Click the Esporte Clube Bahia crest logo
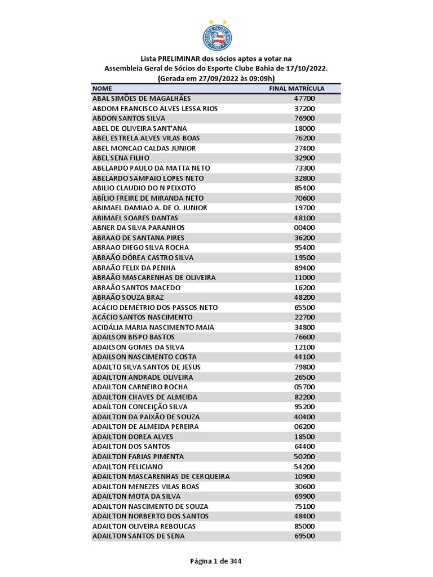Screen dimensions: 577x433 216,35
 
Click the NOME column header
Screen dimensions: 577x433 102,88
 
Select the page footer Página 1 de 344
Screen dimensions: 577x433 216,561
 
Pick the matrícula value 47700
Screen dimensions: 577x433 304,99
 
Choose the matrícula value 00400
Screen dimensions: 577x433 304,228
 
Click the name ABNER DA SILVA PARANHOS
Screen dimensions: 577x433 138,228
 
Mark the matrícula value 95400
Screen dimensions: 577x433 304,247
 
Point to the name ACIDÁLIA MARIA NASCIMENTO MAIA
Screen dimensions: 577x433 153,327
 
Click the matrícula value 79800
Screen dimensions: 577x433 304,367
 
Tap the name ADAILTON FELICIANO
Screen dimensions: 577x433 127,467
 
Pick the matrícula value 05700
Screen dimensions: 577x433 304,387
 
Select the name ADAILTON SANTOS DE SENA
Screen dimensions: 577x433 138,536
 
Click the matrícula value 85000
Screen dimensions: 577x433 304,526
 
